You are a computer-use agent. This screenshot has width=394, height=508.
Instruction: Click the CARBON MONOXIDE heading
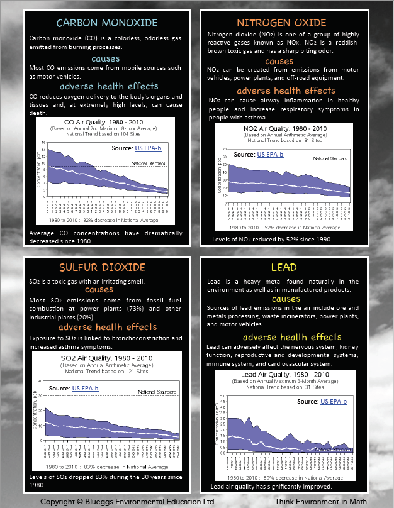106,23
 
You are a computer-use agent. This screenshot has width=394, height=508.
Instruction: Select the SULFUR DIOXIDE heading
107,268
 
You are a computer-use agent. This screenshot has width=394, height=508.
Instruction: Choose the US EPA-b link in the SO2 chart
85,388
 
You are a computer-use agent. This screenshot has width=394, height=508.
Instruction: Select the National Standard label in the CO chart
149,163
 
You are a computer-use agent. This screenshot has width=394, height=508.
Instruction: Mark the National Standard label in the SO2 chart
154,392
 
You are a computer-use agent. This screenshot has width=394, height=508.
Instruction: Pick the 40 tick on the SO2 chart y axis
41,381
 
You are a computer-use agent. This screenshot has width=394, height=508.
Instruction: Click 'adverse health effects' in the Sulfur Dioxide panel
108,327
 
